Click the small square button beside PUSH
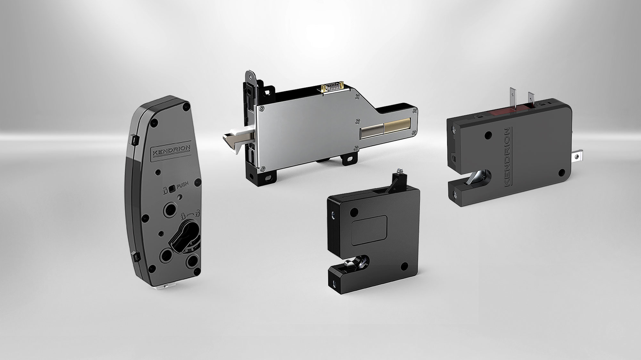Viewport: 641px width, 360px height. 172,189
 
